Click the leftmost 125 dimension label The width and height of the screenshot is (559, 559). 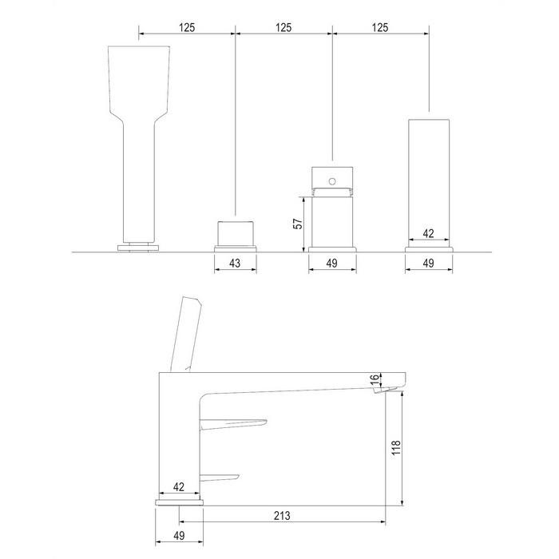187,27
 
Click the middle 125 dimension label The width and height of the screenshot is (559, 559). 283,27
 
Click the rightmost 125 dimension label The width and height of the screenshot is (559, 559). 380,27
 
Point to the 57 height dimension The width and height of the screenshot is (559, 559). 298,224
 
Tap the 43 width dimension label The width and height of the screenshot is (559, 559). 235,263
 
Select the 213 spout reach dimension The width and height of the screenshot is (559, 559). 282,516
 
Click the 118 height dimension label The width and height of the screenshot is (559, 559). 396,447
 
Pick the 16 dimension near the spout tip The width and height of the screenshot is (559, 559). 375,379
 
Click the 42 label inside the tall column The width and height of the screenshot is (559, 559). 428,233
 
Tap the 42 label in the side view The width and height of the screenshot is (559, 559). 179,487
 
